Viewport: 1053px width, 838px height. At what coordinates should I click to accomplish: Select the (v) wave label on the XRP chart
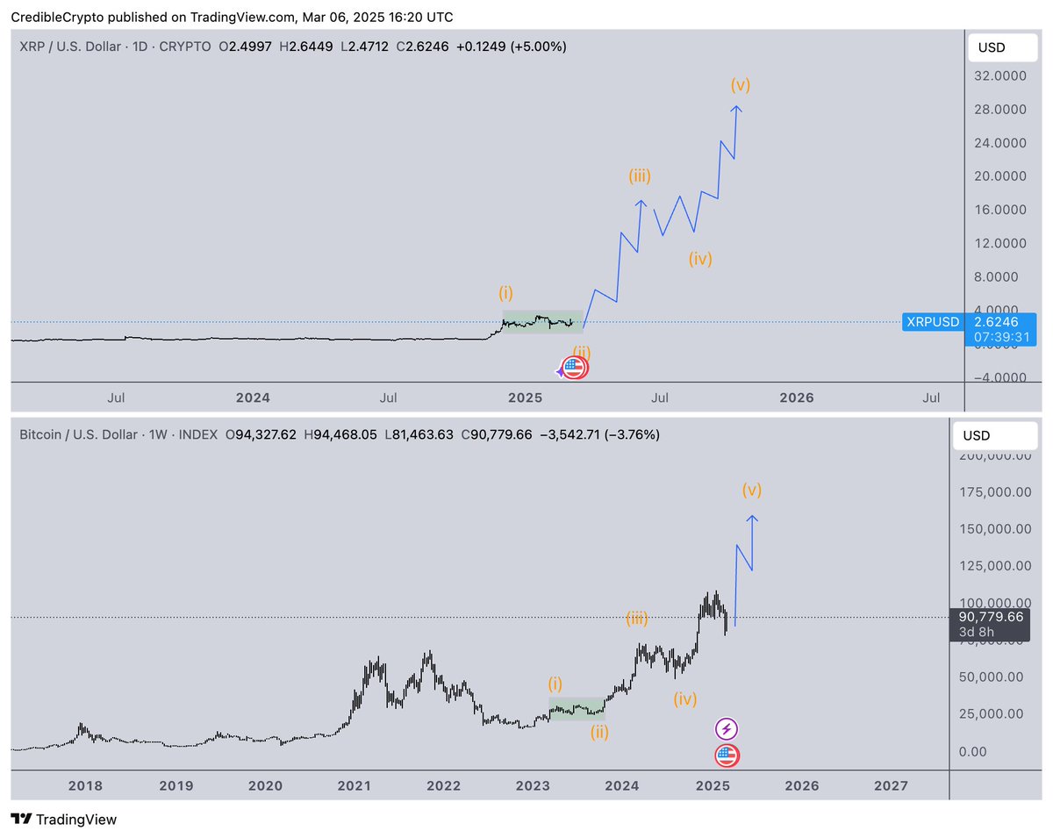click(740, 85)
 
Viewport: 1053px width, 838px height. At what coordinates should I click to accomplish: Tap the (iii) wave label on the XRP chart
click(639, 176)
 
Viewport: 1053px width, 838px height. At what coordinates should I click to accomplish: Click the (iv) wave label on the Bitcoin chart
click(685, 699)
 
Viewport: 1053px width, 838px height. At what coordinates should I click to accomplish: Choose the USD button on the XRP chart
click(1005, 47)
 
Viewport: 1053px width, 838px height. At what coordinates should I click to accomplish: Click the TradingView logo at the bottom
click(64, 820)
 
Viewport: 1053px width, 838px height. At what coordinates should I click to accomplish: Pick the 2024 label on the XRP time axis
click(253, 398)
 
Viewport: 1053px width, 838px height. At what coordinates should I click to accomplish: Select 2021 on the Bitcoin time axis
click(355, 785)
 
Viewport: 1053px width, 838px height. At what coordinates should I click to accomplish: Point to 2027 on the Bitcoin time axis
click(892, 785)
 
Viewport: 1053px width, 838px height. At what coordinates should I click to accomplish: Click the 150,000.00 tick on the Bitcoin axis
click(994, 528)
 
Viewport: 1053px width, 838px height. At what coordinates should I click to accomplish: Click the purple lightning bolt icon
click(727, 728)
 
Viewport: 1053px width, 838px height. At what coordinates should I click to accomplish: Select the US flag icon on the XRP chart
click(574, 368)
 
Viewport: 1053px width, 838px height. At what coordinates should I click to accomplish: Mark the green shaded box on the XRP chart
click(542, 322)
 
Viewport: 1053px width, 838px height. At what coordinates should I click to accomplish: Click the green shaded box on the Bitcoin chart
click(577, 709)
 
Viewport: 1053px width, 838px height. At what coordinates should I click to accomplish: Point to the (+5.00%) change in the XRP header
click(535, 47)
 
